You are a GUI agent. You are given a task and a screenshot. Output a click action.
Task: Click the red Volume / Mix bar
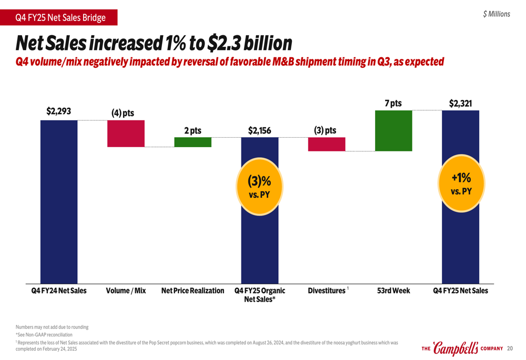[x=126, y=133]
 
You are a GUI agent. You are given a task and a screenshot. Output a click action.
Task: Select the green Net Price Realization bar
[x=193, y=142]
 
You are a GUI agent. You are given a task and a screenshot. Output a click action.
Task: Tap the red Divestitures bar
[x=327, y=144]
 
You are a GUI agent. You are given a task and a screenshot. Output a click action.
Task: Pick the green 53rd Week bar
[x=393, y=131]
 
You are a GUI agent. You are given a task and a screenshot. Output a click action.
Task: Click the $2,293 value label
[x=58, y=111]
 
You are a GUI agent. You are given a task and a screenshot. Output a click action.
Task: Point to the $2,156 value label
[x=259, y=130]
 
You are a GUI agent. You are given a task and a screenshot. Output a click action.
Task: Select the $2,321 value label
[x=460, y=104]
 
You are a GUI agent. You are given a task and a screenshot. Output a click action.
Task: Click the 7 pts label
[x=393, y=104]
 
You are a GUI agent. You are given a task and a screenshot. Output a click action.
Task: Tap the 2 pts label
[x=193, y=130]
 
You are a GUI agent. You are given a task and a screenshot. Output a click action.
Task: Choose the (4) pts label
[x=123, y=113]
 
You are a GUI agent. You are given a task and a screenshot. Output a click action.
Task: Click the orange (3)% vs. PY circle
[x=259, y=186]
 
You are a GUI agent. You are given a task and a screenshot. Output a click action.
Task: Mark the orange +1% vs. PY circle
[x=460, y=183]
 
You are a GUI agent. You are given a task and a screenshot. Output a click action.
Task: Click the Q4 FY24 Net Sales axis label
[x=58, y=291]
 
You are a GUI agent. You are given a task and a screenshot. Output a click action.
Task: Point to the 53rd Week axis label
[x=393, y=291]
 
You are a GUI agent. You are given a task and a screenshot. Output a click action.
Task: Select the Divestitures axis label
[x=327, y=291]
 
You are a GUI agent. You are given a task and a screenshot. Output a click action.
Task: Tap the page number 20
[x=509, y=348]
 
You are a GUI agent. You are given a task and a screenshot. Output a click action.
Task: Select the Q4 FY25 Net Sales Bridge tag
[x=59, y=18]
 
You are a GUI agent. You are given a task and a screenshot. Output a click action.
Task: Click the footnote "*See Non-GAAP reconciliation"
[x=44, y=335]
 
